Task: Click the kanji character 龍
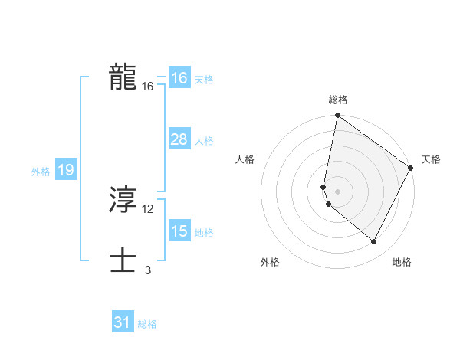coord(123,77)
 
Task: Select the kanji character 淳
coord(123,201)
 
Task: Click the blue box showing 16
coord(179,78)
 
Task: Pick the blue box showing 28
coord(179,139)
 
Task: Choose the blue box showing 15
coord(179,231)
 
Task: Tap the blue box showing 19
coord(65,170)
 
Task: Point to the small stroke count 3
coord(148,270)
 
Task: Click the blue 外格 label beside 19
coord(41,172)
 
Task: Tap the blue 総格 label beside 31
coord(147,325)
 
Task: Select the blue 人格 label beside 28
coord(204,141)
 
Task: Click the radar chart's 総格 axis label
coord(338,100)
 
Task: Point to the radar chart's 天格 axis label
coord(431,159)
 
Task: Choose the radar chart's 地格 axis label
coord(402,262)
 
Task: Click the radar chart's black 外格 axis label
coord(270,262)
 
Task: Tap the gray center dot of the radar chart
coord(338,191)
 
